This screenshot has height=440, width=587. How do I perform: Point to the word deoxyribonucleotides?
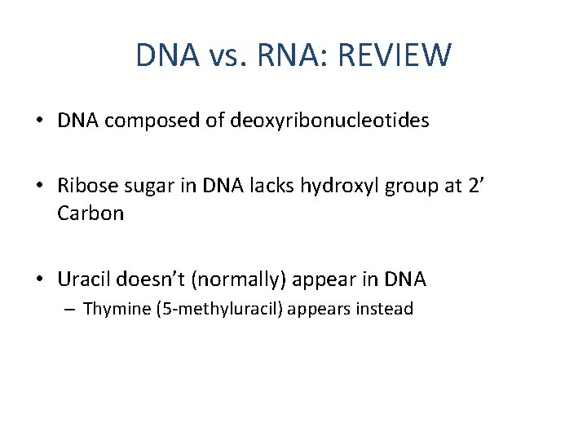tap(330, 121)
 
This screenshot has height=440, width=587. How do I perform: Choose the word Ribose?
tap(85, 186)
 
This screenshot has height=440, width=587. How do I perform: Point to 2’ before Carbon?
tap(474, 186)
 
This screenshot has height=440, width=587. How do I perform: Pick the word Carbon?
tap(90, 213)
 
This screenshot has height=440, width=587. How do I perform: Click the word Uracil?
tap(82, 279)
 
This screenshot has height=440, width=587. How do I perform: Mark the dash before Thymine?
tap(72, 310)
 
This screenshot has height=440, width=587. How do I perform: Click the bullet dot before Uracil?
tap(40, 279)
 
